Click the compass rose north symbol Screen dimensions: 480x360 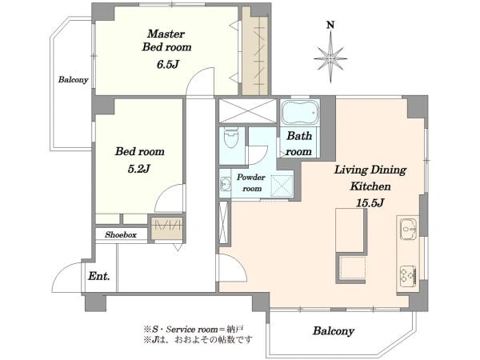pos(330,58)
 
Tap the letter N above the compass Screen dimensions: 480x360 pos(330,25)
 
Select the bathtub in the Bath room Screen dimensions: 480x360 pos(300,112)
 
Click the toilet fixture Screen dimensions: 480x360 pos(231,138)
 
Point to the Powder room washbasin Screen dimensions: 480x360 pos(226,184)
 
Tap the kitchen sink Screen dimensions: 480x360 pos(409,229)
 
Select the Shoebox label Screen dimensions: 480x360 pos(121,234)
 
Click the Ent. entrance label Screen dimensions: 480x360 pos(99,276)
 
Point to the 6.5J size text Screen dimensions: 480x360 pos(167,64)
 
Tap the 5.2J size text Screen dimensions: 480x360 pos(138,169)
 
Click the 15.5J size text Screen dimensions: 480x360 pos(370,202)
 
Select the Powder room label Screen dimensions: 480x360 pos(251,182)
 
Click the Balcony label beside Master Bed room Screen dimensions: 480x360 pos(73,79)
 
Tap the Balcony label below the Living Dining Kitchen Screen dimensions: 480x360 pos(334,331)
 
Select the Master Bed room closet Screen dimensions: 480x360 pos(255,51)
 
